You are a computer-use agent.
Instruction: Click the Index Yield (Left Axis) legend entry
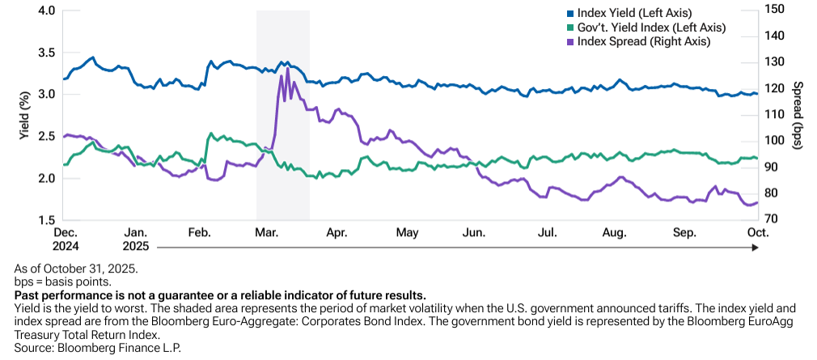[x=640, y=13]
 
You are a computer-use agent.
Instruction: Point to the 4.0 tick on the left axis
[x=46, y=11]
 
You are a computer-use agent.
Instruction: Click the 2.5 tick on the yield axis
[x=46, y=137]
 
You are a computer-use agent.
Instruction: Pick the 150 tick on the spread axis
[x=775, y=9]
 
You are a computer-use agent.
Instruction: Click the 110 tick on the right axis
[x=775, y=114]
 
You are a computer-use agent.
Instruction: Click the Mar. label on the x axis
[x=267, y=233]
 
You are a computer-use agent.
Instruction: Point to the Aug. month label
[x=615, y=233]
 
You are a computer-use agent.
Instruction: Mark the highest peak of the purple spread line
[x=287, y=68]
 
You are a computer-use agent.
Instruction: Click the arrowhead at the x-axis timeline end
[x=755, y=246]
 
